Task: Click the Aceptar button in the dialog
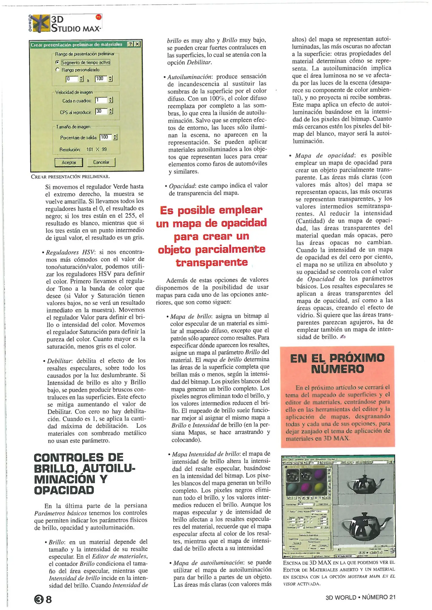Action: [69, 162]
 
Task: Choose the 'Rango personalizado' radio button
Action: [57, 70]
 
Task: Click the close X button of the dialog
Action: [137, 44]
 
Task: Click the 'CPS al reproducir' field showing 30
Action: [101, 112]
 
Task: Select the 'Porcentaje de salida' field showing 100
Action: [106, 137]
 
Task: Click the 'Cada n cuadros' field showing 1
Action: [101, 100]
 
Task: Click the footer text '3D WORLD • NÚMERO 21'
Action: [360, 597]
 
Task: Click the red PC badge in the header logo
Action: [98, 17]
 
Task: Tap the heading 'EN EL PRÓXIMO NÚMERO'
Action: [337, 363]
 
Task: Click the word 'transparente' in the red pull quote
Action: [212, 263]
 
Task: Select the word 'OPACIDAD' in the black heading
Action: [64, 490]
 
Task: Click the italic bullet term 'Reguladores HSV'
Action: [70, 252]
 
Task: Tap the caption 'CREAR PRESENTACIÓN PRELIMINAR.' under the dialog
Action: [70, 177]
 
